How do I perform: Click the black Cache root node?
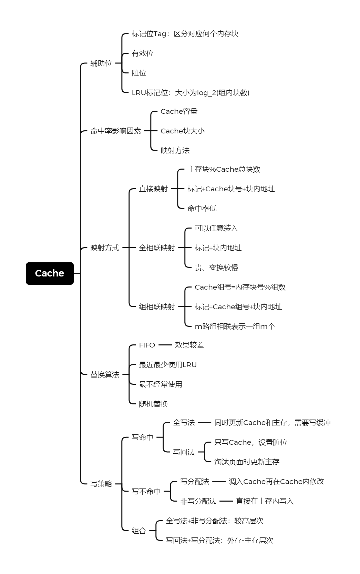click(x=50, y=273)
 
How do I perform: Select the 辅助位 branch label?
click(x=101, y=63)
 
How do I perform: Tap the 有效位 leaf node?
click(x=142, y=53)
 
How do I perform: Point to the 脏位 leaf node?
click(x=139, y=73)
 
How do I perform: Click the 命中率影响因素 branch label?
click(x=115, y=131)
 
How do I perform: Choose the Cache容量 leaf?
click(x=179, y=111)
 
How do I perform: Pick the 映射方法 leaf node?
click(x=175, y=151)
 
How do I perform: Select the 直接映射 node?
click(x=153, y=189)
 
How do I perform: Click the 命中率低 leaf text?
click(x=202, y=208)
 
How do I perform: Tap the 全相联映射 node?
click(x=157, y=248)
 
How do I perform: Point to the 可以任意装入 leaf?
click(x=216, y=228)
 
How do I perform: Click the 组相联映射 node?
click(x=157, y=306)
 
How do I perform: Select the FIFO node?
click(x=147, y=345)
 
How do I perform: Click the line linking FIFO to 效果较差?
click(x=165, y=345)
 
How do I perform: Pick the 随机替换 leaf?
click(x=153, y=404)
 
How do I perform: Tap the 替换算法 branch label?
click(x=104, y=374)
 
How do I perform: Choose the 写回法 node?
click(x=184, y=452)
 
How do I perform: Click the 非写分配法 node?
click(x=198, y=501)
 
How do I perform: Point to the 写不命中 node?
click(x=146, y=491)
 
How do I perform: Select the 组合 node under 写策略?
click(x=139, y=531)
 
